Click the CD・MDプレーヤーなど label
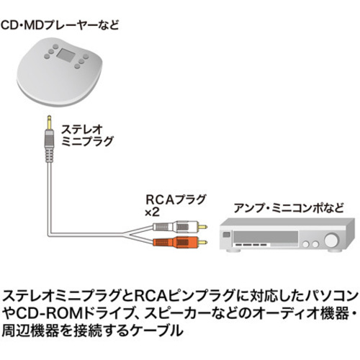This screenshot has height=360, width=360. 60,25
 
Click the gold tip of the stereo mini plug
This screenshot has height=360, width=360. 49,123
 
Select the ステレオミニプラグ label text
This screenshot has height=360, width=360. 87,135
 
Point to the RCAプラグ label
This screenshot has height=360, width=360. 176,199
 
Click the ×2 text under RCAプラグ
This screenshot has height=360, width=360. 153,212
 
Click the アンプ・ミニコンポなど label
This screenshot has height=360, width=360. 289,208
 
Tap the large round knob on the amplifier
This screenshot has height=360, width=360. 331,240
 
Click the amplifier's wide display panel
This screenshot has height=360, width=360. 266,237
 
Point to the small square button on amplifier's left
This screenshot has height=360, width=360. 227,235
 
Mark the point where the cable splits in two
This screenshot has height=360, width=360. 124,233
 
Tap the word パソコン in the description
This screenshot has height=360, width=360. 331,296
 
